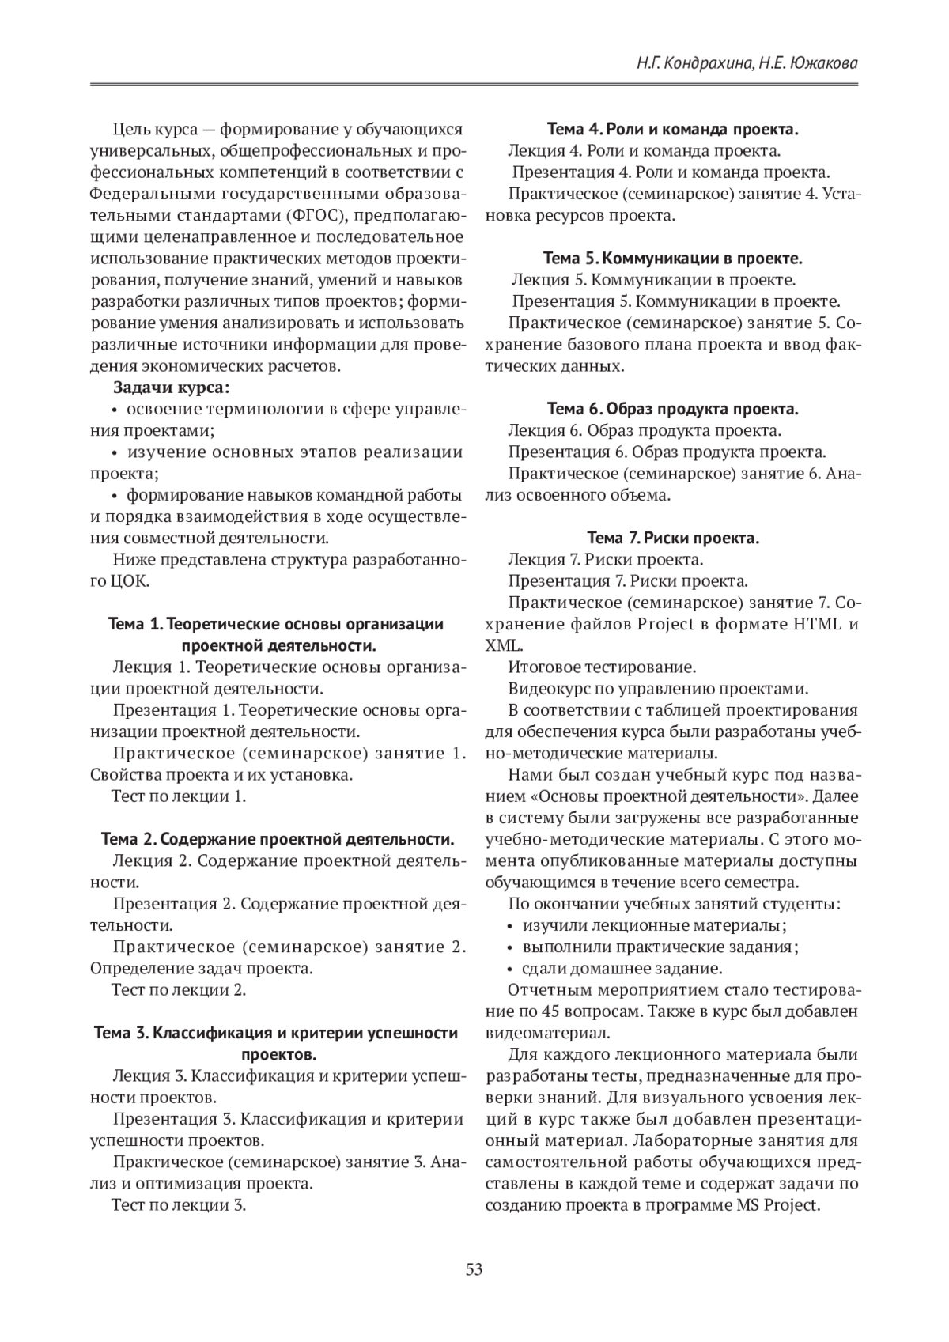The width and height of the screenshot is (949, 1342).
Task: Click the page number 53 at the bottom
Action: [475, 1270]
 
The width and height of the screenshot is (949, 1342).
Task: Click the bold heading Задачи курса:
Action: [172, 387]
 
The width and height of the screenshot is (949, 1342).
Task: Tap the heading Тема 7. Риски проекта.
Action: [673, 539]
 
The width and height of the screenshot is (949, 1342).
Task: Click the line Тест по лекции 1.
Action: [179, 796]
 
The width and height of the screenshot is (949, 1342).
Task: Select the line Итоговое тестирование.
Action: [601, 667]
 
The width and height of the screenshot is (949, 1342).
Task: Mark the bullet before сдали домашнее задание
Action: [511, 969]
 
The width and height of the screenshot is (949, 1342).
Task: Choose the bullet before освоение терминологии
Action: [115, 410]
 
